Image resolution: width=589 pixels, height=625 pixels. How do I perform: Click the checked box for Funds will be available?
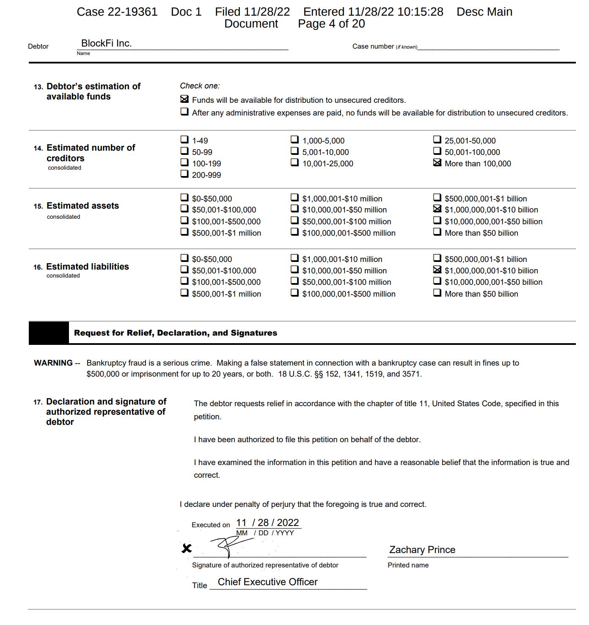point(184,99)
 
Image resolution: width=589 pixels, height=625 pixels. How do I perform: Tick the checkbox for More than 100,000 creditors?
point(437,162)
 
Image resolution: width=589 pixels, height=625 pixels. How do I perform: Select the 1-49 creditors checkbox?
point(184,139)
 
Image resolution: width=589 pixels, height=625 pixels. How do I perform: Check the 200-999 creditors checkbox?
point(184,173)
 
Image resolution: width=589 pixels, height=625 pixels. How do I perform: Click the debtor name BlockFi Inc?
point(106,43)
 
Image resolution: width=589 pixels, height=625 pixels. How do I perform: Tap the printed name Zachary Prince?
point(422,550)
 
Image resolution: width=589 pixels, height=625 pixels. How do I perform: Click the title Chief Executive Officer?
point(267,582)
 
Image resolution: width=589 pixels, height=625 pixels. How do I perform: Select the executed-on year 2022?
point(288,523)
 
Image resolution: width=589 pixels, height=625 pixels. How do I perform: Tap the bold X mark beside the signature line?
point(186,548)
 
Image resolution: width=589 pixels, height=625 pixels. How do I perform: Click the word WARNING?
point(53,363)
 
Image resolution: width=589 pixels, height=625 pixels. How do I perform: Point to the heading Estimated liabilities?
point(87,267)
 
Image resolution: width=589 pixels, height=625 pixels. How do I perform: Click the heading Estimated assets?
point(83,206)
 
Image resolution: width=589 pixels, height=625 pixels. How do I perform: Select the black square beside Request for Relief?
point(48,333)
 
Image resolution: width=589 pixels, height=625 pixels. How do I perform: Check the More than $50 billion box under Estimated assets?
point(437,232)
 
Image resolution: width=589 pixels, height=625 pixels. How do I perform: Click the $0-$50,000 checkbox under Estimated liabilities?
point(184,258)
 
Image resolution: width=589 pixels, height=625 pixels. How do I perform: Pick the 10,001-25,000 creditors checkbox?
point(294,162)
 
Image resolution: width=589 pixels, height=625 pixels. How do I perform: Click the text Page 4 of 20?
point(331,24)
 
